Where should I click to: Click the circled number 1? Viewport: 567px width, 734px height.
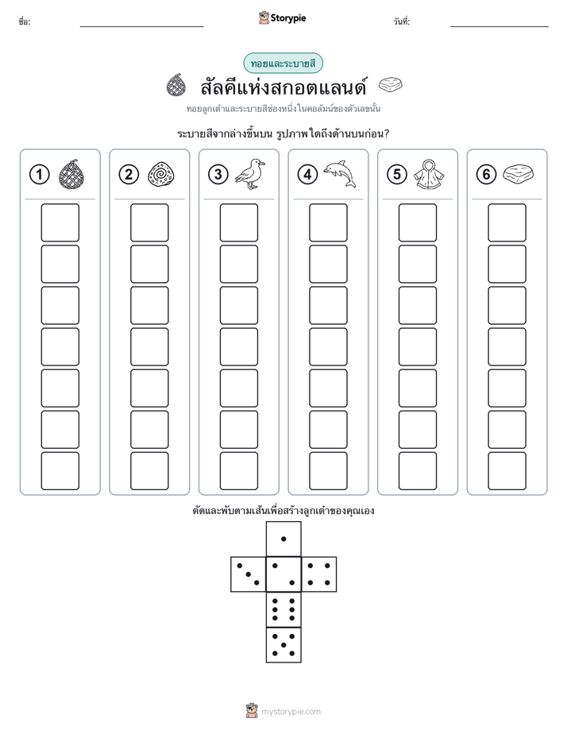pos(39,175)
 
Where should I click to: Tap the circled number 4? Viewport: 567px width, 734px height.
pos(307,175)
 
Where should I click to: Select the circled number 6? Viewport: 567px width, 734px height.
pos(486,175)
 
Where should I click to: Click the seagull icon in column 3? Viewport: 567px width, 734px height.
pos(250,174)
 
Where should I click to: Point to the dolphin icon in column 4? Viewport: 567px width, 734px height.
pos(340,174)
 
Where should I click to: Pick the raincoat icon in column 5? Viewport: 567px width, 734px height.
pos(429,175)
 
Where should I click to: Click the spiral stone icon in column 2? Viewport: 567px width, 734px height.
pos(161,175)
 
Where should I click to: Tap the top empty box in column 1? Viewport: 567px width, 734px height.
pos(60,222)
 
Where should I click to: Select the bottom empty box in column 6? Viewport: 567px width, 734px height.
pos(507,471)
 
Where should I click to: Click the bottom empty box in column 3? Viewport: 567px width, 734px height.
pos(238,471)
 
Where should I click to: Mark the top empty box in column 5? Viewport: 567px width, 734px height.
pos(417,222)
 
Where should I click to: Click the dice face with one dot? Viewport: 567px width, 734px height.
pos(283,539)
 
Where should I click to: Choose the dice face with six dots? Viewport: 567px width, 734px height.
pos(283,609)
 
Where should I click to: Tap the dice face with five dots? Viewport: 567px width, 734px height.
pos(283,645)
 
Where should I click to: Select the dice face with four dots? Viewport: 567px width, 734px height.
pos(319,574)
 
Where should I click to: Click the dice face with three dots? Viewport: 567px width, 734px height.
pos(249,574)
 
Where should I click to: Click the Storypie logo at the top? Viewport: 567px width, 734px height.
pos(282,18)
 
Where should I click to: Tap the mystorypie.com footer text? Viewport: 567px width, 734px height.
pos(291,712)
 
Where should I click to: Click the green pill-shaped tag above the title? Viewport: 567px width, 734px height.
pos(283,64)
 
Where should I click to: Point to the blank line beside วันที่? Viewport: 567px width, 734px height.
pos(499,27)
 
